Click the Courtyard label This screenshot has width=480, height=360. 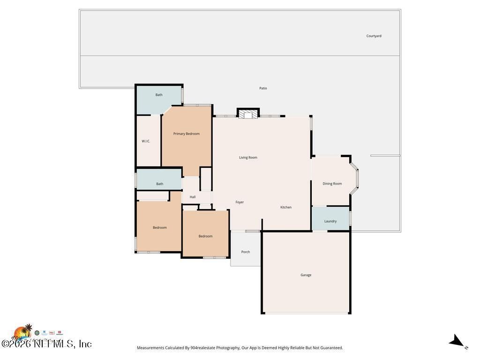[374, 36]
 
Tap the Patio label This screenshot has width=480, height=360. [263, 88]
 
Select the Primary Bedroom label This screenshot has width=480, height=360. [186, 134]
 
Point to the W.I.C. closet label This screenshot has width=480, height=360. [146, 141]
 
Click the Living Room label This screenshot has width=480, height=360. [248, 157]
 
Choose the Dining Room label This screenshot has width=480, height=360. [332, 184]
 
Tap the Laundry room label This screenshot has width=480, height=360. [330, 221]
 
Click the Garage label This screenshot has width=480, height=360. [306, 275]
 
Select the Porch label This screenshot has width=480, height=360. [245, 252]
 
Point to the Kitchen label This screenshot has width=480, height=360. [285, 207]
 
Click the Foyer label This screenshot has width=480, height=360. [240, 202]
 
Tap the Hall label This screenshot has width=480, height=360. [192, 197]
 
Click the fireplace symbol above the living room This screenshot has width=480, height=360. [248, 113]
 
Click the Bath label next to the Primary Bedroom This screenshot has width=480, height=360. [159, 95]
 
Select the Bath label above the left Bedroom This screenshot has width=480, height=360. [159, 184]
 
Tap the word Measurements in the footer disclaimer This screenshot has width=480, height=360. [150, 348]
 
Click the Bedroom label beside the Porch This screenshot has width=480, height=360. [205, 236]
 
